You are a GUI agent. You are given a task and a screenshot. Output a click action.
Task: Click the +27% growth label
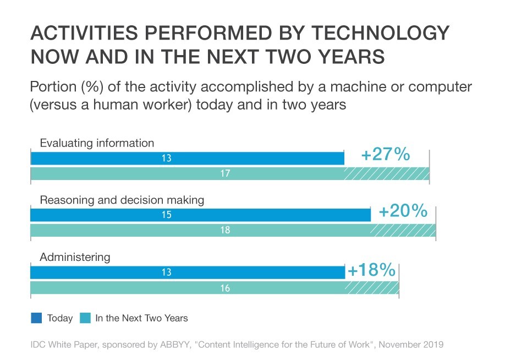click(385, 155)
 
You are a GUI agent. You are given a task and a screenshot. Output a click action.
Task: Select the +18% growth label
click(371, 270)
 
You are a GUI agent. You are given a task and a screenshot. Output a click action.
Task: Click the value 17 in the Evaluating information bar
click(225, 174)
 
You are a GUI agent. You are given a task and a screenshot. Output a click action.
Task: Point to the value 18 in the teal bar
click(225, 230)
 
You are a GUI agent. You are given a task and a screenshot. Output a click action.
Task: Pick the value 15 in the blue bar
click(167, 215)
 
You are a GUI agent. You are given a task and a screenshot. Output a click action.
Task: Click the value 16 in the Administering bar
click(225, 288)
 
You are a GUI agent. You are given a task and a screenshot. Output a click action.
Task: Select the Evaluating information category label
click(97, 143)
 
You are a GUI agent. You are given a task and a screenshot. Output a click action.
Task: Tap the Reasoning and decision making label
click(122, 200)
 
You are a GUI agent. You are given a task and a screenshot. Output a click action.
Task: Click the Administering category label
click(75, 257)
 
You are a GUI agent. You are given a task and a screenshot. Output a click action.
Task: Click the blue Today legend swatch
click(37, 318)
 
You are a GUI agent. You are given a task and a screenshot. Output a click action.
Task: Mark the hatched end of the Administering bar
click(372, 288)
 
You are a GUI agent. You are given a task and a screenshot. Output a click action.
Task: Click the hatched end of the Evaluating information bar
click(387, 174)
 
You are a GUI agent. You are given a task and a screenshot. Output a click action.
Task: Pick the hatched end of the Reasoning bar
click(403, 230)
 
